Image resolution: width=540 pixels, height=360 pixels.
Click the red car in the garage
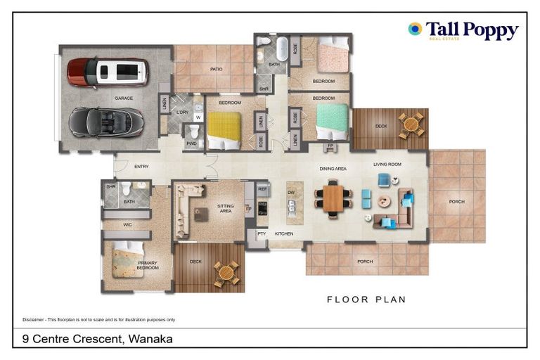pyautogui.click(x=108, y=72)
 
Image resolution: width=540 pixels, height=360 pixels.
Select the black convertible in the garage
pyautogui.click(x=106, y=122)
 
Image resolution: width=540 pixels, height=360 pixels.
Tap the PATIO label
pyautogui.click(x=216, y=69)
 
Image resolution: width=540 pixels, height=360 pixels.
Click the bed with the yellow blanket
pyautogui.click(x=224, y=129)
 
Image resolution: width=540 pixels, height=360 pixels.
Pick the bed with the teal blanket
pyautogui.click(x=331, y=122)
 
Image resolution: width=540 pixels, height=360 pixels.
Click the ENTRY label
pyautogui.click(x=141, y=167)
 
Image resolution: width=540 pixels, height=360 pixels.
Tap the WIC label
pyautogui.click(x=127, y=225)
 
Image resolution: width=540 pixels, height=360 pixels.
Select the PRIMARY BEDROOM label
pyautogui.click(x=148, y=265)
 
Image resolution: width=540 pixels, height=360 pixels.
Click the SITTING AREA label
pyautogui.click(x=225, y=208)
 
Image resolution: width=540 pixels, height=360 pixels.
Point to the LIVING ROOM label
pyautogui.click(x=387, y=165)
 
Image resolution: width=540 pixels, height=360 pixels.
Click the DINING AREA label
pyautogui.click(x=333, y=169)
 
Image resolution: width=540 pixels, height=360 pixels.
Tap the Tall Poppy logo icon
pyautogui.click(x=415, y=29)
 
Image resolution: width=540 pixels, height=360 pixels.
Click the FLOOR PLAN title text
pyautogui.click(x=366, y=300)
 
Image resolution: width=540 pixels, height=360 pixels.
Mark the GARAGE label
pyautogui.click(x=124, y=98)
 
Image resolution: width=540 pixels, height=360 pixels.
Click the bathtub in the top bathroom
pyautogui.click(x=281, y=50)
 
